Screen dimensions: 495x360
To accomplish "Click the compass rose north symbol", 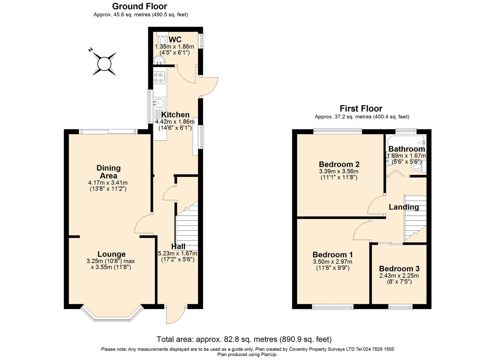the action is [104, 63].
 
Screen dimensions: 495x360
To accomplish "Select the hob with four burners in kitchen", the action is [159, 78].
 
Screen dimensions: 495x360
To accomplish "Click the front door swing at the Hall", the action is [176, 315].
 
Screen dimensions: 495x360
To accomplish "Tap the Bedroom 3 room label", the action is [399, 268].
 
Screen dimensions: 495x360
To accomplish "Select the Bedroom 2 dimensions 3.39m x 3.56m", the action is [338, 171].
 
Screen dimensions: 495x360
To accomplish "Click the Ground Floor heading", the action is [140, 7].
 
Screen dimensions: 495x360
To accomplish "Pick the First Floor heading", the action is [361, 109].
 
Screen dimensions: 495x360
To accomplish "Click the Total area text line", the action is [244, 339].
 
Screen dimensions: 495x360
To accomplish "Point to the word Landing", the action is [404, 207].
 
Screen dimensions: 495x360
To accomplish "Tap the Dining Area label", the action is [109, 172].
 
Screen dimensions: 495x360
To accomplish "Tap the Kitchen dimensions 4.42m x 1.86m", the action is [175, 122].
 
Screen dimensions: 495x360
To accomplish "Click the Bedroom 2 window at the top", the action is [338, 131].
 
